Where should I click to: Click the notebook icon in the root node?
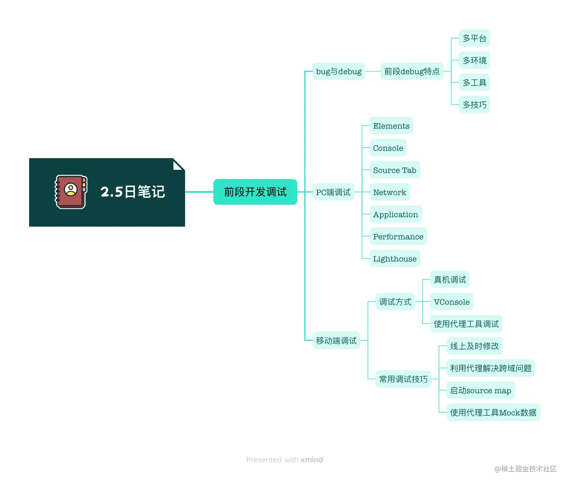pyautogui.click(x=71, y=192)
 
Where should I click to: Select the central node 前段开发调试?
pyautogui.click(x=255, y=192)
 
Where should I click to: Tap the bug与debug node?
pyautogui.click(x=339, y=72)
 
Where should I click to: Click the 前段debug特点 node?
pyautogui.click(x=412, y=72)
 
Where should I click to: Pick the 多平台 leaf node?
pyautogui.click(x=474, y=38)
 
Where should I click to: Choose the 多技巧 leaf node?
pyautogui.click(x=474, y=105)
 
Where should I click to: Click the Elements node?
pyautogui.click(x=391, y=126)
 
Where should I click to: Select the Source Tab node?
pyautogui.click(x=394, y=170)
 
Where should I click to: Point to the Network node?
pyautogui.click(x=389, y=192)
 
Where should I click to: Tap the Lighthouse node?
pyautogui.click(x=394, y=259)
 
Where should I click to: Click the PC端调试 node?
pyautogui.click(x=333, y=192)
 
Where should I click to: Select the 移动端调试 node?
pyautogui.click(x=336, y=341)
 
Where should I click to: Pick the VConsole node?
pyautogui.click(x=452, y=302)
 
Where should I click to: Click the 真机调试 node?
pyautogui.click(x=450, y=280)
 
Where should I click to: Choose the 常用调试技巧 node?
pyautogui.click(x=403, y=379)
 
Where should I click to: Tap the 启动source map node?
pyautogui.click(x=480, y=391)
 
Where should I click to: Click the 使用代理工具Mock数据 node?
pyautogui.click(x=493, y=413)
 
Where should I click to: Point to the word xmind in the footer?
pyautogui.click(x=312, y=460)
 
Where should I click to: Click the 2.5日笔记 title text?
pyautogui.click(x=133, y=192)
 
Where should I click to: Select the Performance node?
pyautogui.click(x=398, y=237)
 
